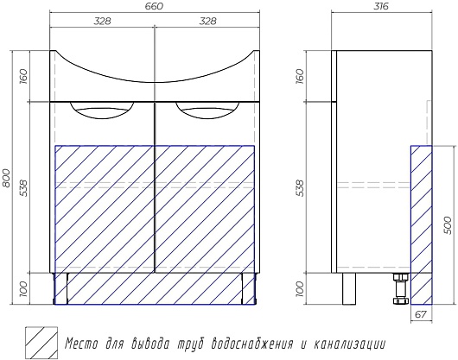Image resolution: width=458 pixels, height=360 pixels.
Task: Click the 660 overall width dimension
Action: click(154, 6)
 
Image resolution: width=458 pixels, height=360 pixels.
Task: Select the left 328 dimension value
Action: click(102, 21)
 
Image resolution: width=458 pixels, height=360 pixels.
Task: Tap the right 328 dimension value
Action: click(207, 21)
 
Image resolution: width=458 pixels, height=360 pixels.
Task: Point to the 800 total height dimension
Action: click(6, 178)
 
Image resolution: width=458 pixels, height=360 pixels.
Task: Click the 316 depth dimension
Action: click(381, 6)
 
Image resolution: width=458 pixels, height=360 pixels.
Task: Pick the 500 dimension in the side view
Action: click(447, 225)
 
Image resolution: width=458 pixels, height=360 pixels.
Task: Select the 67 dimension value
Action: click(421, 314)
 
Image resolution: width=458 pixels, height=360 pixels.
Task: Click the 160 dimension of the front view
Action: click(23, 76)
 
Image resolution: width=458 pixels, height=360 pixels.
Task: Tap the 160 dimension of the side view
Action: click(300, 76)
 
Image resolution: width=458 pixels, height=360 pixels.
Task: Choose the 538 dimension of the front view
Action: click(23, 188)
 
